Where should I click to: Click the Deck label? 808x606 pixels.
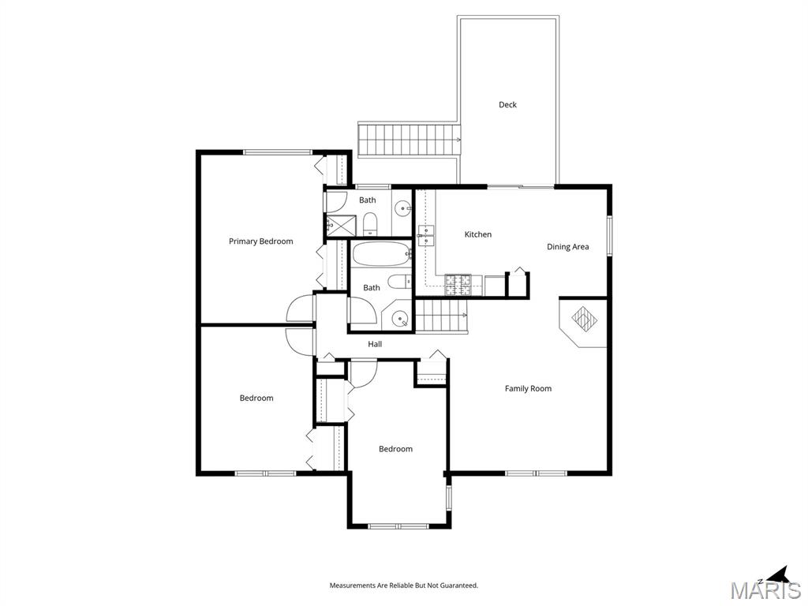507,105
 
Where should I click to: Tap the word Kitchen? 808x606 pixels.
477,234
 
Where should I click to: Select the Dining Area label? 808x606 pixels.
568,247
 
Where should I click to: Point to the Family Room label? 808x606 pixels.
528,388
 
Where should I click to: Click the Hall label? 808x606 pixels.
375,344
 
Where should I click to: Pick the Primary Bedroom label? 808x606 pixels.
260,241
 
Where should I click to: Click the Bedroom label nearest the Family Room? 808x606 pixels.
395,449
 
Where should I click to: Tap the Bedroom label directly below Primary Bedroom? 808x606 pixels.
256,398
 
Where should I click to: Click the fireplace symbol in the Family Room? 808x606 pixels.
585,319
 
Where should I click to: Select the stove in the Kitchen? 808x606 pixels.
458,284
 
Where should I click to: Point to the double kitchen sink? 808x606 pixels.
425,233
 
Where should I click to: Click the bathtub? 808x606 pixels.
380,254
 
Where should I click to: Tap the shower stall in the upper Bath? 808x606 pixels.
337,225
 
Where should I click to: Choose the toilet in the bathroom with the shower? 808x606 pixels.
371,225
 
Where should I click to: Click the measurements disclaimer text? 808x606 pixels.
403,585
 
